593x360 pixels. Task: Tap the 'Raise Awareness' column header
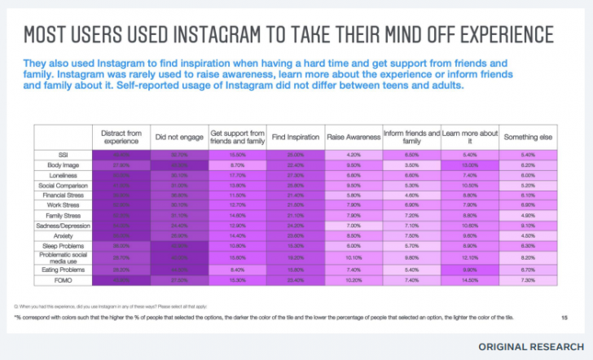[354, 137]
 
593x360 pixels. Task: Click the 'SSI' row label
[63, 154]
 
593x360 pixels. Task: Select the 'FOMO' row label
[63, 279]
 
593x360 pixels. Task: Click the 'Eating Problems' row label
[63, 268]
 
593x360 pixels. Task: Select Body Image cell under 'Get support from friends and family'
[237, 164]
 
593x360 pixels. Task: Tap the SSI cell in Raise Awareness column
[354, 154]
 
